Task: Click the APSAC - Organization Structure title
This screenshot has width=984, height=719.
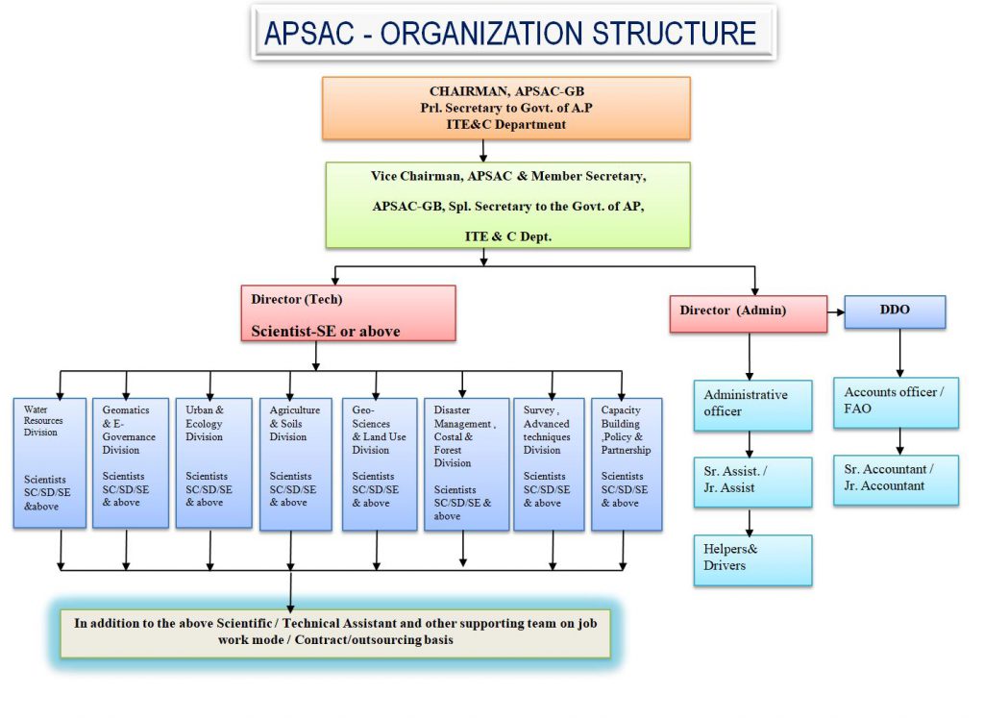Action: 511,33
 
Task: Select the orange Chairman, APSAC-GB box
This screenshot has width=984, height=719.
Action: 505,108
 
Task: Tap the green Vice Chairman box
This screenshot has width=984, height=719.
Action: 507,205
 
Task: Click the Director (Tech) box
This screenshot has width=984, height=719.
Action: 347,313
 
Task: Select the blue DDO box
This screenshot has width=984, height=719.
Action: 895,311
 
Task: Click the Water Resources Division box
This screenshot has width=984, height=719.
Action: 50,462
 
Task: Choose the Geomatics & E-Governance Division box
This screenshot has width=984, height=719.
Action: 130,462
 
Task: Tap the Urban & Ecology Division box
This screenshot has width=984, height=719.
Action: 213,462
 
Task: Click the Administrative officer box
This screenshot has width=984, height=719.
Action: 752,405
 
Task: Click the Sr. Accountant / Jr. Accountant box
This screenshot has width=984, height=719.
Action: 900,479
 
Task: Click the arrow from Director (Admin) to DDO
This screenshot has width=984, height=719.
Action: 836,311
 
